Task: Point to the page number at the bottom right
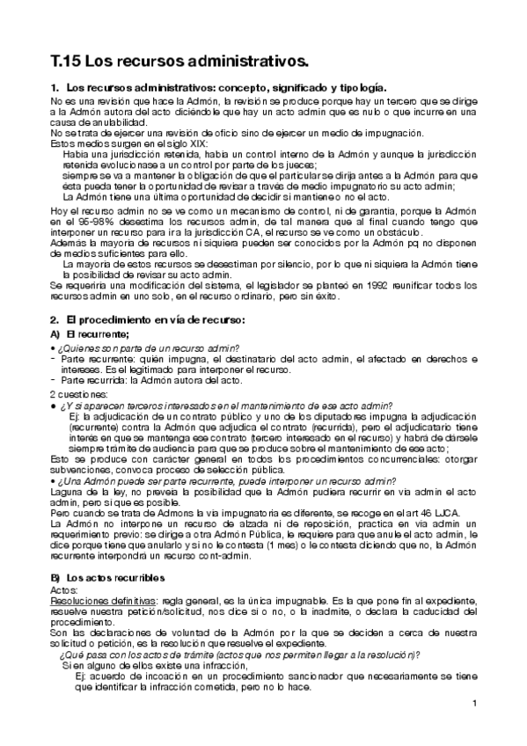(x=474, y=703)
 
